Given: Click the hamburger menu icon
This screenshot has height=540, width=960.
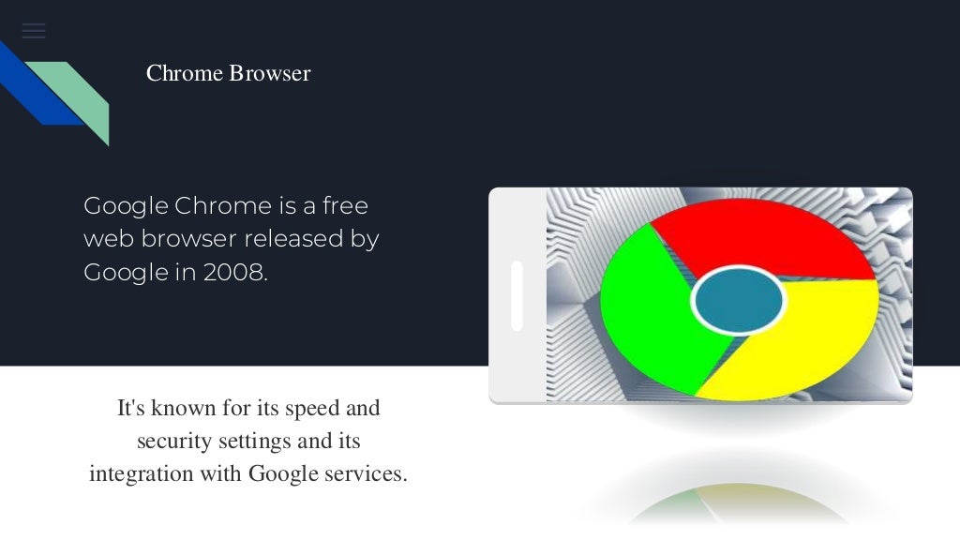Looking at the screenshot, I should click(34, 31).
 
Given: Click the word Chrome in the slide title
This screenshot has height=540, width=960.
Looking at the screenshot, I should click(185, 73).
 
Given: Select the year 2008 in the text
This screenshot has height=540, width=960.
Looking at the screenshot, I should click(235, 273).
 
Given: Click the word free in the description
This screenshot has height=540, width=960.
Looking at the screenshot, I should click(345, 205).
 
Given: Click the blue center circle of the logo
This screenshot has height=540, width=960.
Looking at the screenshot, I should click(738, 301).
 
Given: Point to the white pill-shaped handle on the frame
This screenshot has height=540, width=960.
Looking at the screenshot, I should click(517, 296).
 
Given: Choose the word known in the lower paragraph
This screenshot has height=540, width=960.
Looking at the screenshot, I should click(176, 409).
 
